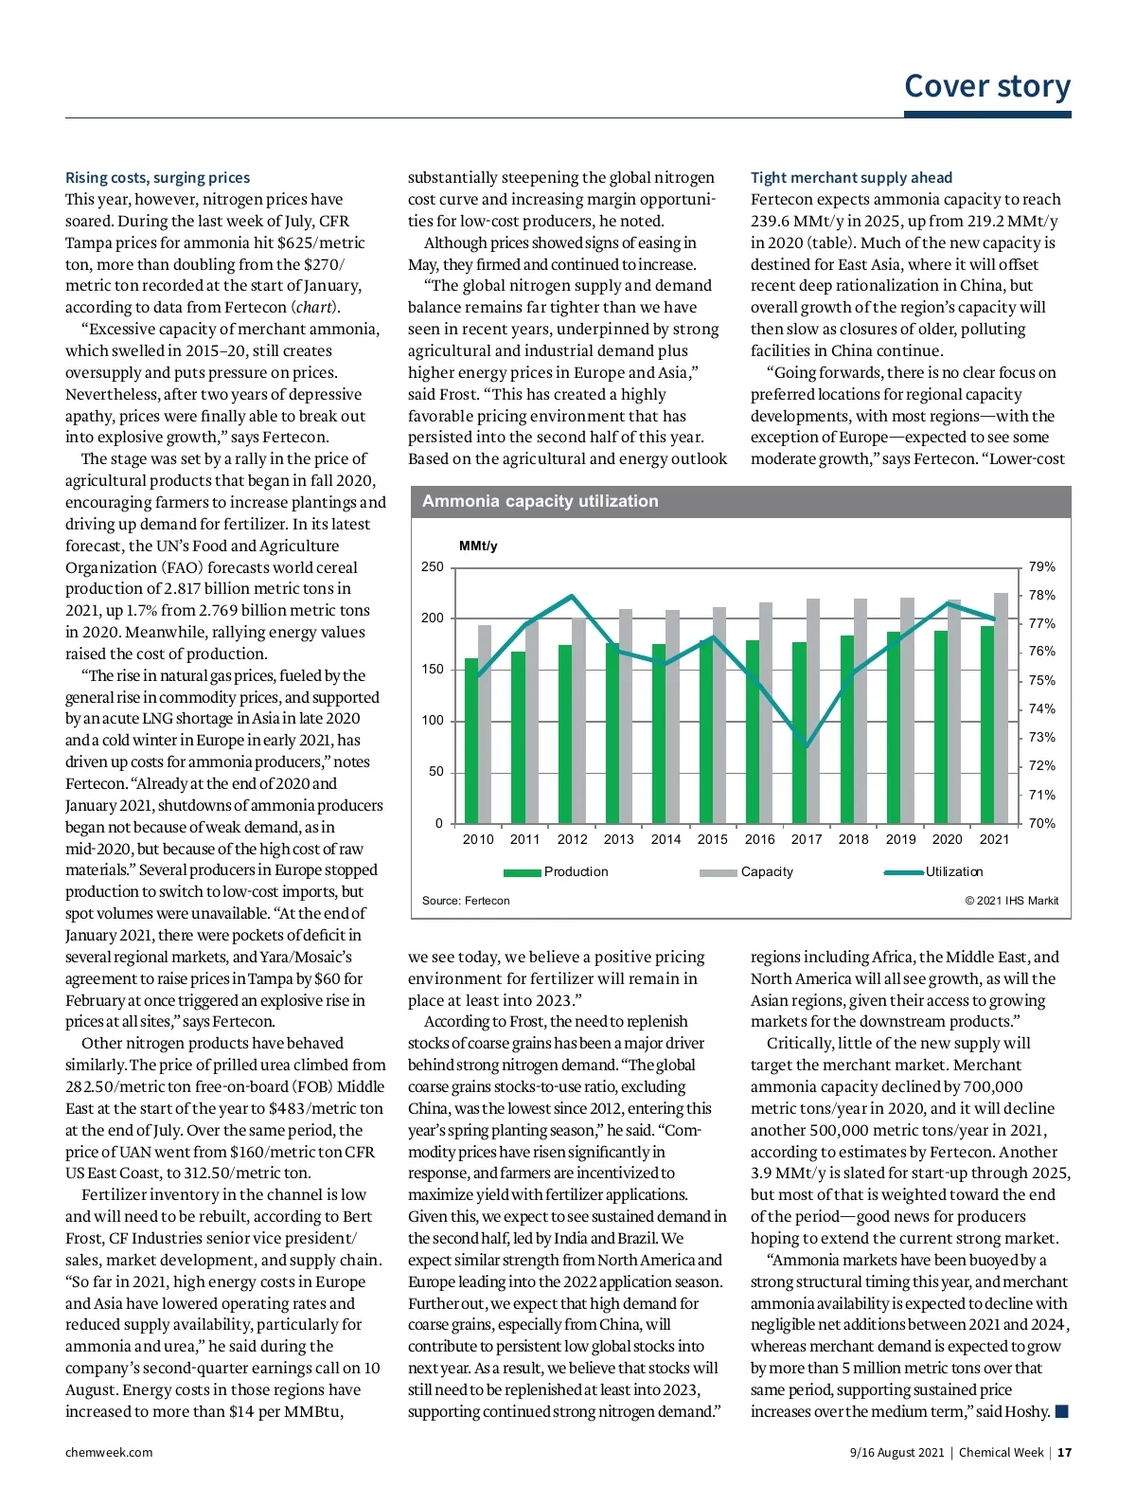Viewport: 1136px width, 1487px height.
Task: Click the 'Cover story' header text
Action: pyautogui.click(x=986, y=86)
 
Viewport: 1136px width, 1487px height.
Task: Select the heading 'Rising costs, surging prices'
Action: pyautogui.click(x=157, y=177)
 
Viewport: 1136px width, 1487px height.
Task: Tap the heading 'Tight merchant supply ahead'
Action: pyautogui.click(x=851, y=177)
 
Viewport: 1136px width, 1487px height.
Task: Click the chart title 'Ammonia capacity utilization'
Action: pyautogui.click(x=540, y=501)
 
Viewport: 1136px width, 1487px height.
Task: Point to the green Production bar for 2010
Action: pyautogui.click(x=470, y=741)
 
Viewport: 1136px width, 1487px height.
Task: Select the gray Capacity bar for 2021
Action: pyautogui.click(x=1001, y=708)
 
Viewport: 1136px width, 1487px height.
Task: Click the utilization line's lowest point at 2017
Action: pyautogui.click(x=807, y=746)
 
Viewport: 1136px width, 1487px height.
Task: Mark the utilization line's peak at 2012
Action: pyautogui.click(x=572, y=596)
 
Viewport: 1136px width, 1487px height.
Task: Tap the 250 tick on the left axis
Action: pyautogui.click(x=432, y=567)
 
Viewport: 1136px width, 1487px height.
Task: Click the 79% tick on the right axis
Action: pyautogui.click(x=1041, y=567)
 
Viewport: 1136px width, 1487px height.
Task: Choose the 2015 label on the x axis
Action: pyautogui.click(x=712, y=839)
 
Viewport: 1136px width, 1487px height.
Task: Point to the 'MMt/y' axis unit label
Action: pyautogui.click(x=477, y=546)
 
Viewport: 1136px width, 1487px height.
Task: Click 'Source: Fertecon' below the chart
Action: pyautogui.click(x=466, y=901)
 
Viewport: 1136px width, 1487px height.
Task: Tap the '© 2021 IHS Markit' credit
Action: pyautogui.click(x=1011, y=901)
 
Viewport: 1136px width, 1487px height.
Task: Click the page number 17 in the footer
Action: pyautogui.click(x=1064, y=1452)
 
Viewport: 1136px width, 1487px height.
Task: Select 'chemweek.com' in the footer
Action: pyautogui.click(x=109, y=1452)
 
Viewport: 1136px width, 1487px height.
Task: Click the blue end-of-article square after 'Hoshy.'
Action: pyautogui.click(x=1061, y=1411)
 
